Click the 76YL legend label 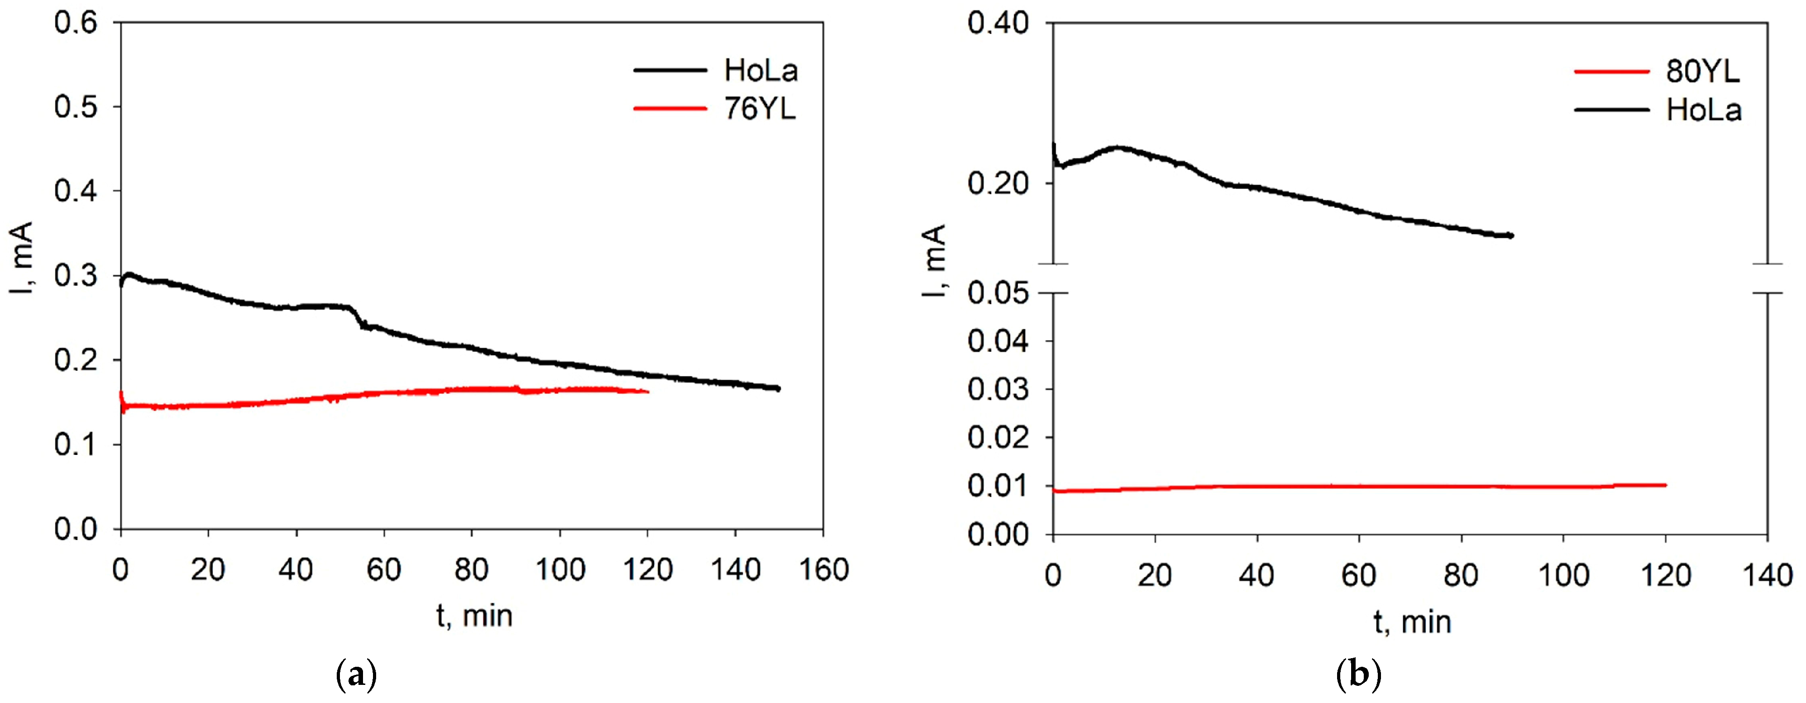pos(760,110)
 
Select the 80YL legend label pos(1702,72)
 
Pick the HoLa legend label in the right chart pos(1704,110)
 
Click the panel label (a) pos(357,676)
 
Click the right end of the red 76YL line pos(648,392)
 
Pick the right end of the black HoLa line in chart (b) pos(1512,235)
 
